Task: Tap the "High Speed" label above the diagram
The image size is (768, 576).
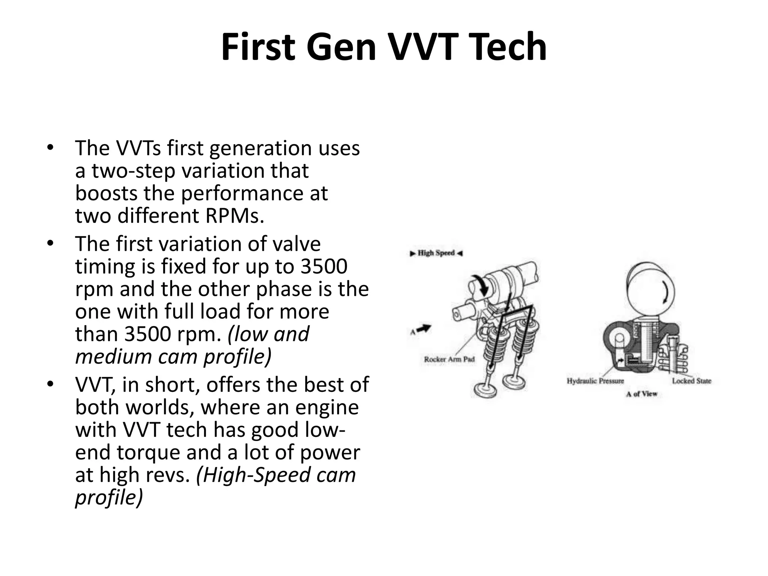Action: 436,253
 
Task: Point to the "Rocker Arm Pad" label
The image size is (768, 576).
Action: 449,359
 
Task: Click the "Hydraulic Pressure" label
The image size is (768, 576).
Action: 595,381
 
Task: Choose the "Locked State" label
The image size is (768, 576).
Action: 691,381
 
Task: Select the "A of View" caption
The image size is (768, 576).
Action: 642,394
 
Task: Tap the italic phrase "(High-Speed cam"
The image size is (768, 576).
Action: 276,475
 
